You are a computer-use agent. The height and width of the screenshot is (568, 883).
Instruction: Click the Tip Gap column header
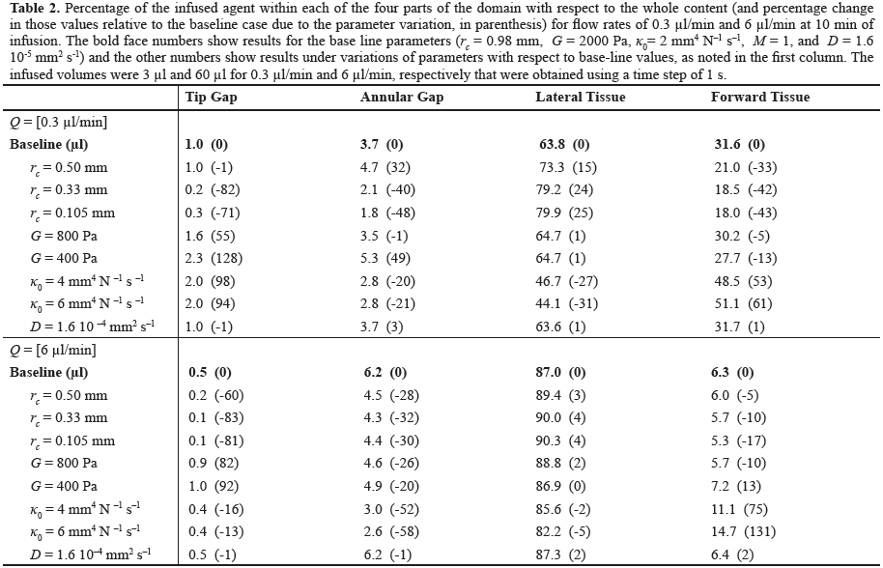click(x=212, y=97)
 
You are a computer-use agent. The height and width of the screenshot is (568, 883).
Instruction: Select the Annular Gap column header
click(x=402, y=97)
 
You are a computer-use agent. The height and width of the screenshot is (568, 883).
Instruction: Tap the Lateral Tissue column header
click(x=581, y=97)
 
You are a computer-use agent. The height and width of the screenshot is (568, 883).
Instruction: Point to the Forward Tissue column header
click(x=760, y=97)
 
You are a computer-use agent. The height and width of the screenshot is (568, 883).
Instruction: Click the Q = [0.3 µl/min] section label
click(x=59, y=122)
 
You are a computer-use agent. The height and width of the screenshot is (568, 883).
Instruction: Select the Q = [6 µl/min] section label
click(x=53, y=350)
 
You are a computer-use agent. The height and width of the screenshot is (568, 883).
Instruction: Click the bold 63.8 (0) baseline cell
click(x=564, y=144)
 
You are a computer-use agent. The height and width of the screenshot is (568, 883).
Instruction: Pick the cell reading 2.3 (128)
click(x=214, y=258)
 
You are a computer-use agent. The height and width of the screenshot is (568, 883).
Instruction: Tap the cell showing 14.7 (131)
click(x=743, y=531)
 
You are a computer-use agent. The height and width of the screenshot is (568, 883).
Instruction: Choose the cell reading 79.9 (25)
click(x=564, y=213)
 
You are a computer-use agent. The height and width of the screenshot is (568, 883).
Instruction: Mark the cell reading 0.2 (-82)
click(x=213, y=189)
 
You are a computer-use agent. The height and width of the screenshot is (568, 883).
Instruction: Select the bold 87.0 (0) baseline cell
click(x=561, y=373)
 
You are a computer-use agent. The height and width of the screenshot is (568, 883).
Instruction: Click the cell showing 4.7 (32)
click(x=385, y=167)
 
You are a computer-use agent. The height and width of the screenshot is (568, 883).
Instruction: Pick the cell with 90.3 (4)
click(x=561, y=440)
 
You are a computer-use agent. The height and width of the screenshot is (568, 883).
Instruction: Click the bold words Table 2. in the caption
click(x=35, y=8)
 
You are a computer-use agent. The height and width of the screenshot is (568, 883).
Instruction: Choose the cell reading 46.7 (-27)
click(x=566, y=281)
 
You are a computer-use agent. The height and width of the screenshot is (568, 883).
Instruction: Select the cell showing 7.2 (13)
click(x=736, y=486)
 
